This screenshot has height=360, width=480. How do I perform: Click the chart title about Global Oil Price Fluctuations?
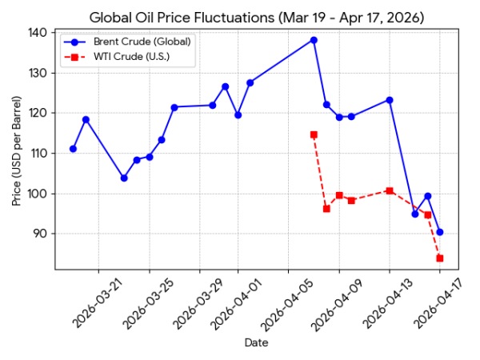coord(257,17)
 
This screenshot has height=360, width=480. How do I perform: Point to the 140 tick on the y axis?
coord(39,33)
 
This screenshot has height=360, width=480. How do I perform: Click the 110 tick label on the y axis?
coord(39,153)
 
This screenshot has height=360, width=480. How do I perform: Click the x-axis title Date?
coord(256,342)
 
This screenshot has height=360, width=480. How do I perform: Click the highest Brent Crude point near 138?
coord(314,40)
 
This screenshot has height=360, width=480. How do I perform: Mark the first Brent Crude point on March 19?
coord(73,149)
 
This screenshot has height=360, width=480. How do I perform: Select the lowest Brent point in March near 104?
coord(124,178)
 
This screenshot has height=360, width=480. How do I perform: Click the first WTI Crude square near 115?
coord(314,134)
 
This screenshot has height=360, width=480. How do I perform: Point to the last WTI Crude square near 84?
coord(440,258)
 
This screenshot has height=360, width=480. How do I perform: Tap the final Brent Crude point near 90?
coord(440,232)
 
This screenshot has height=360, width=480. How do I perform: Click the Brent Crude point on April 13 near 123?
coord(390,100)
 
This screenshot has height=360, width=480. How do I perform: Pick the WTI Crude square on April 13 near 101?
coord(390,190)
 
